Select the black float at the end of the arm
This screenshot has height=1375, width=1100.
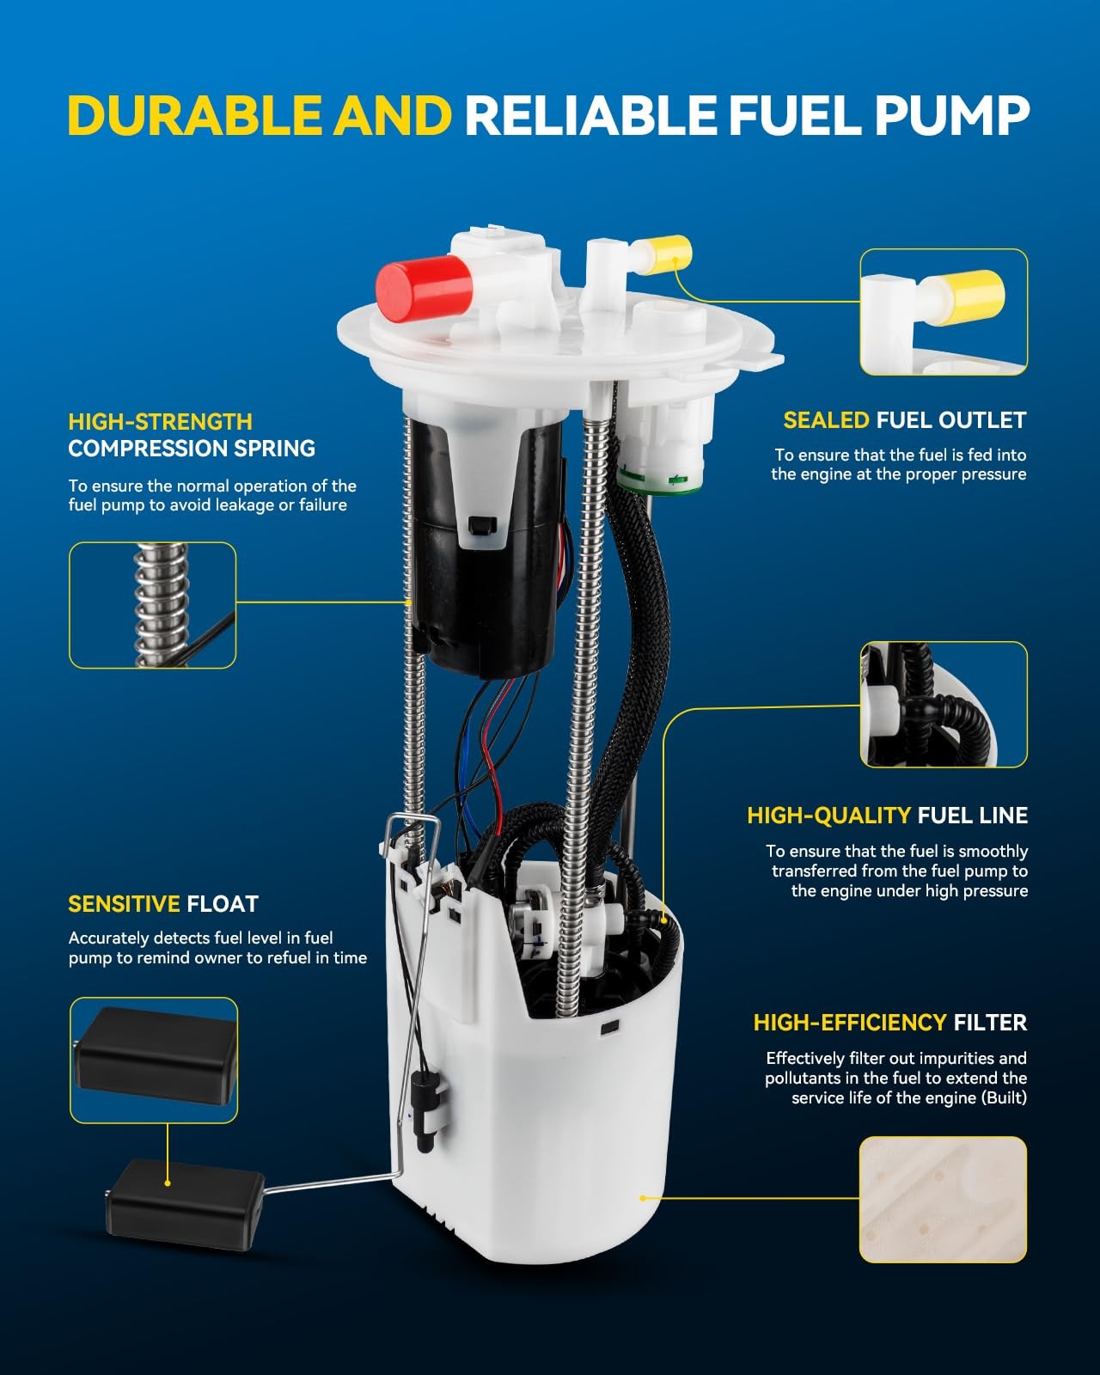point(185,1204)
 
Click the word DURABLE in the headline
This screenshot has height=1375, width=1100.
point(194,115)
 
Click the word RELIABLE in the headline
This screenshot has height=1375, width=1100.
point(590,115)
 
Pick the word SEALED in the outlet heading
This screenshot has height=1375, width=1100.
point(826,419)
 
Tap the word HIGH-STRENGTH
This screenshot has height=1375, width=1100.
point(161,422)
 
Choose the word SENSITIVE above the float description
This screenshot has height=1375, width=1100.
point(124,904)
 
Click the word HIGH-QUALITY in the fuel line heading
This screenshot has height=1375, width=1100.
point(829,816)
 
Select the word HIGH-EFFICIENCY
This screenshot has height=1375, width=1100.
point(850,1023)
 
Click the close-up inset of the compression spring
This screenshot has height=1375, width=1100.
point(152,605)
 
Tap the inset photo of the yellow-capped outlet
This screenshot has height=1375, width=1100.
point(944,312)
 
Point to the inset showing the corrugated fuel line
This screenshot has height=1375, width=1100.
point(944,704)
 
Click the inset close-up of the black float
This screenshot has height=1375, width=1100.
point(154,1060)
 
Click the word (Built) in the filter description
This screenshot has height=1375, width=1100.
point(1005,1097)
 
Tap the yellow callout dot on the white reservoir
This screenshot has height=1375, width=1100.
point(642,1198)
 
